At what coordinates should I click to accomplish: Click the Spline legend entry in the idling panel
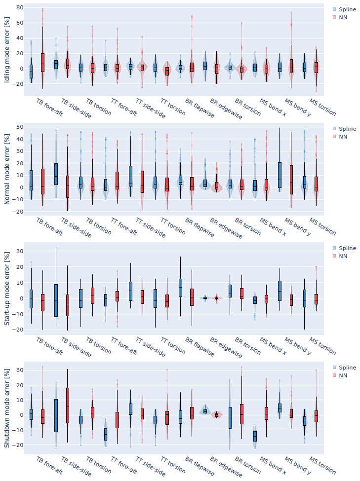(344, 9)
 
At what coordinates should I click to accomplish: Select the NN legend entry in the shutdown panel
(340, 375)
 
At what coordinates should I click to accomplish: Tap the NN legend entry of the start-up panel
(340, 256)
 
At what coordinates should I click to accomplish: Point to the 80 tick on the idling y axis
(20, 8)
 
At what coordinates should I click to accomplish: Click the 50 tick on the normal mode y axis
(20, 127)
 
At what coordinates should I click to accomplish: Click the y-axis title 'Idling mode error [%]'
(7, 50)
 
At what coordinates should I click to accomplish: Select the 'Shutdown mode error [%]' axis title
(7, 408)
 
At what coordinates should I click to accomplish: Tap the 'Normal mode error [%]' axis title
(7, 169)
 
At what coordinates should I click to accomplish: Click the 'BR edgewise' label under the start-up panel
(226, 348)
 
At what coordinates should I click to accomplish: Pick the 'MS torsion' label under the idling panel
(322, 107)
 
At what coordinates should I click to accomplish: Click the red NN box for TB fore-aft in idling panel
(42, 63)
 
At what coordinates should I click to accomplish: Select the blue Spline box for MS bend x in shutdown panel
(255, 436)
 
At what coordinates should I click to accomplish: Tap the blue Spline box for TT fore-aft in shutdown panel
(106, 434)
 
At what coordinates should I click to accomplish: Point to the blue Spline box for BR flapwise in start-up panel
(180, 288)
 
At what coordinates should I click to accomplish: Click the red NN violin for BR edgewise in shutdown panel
(217, 415)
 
